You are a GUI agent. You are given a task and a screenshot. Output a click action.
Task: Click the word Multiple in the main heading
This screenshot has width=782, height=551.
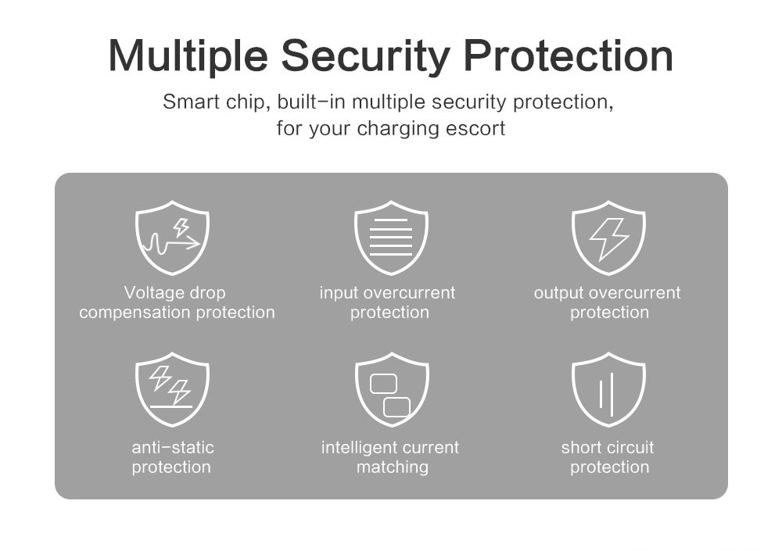point(188,55)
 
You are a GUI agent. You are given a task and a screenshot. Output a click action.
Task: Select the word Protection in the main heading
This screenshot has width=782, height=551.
point(569,55)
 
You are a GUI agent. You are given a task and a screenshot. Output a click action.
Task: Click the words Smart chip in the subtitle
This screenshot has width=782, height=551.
point(216,102)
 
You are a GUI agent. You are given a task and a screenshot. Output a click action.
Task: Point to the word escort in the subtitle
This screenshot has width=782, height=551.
point(475,128)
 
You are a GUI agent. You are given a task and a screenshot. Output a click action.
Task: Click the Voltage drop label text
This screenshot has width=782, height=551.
point(174,293)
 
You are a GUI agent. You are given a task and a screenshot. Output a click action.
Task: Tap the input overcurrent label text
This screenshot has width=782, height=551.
point(388,293)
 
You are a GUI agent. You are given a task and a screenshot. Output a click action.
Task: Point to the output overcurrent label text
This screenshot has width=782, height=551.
point(607,293)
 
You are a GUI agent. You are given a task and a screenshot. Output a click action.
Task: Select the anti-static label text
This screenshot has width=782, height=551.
point(173,447)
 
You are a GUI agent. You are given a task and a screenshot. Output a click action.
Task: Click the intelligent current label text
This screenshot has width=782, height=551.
point(390,448)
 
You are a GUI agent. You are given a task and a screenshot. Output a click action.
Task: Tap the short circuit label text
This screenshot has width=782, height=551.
point(608,447)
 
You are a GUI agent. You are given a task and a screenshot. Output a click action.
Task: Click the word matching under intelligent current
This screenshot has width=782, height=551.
point(393,467)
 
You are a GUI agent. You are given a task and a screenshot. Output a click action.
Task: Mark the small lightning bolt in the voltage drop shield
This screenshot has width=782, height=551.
point(181,227)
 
